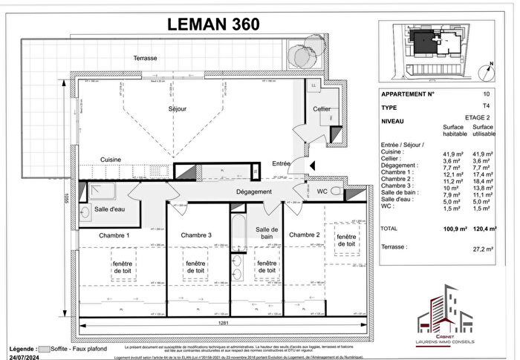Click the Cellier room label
coord(322,109)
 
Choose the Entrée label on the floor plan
coord(282,163)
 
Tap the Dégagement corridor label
coord(233,192)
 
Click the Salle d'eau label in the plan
coord(109,210)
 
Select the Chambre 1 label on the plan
coord(115,235)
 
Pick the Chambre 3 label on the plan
coord(196,235)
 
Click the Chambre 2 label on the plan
coord(304,235)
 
